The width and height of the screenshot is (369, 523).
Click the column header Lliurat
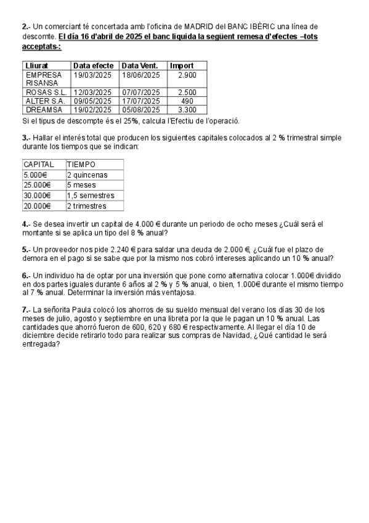pyautogui.click(x=37, y=65)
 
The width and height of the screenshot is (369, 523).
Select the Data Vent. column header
pyautogui.click(x=140, y=65)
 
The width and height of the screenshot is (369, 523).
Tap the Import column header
pyautogui.click(x=182, y=65)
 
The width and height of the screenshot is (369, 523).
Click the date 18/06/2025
pyautogui.click(x=140, y=75)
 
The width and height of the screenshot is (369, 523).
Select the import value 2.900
pyautogui.click(x=186, y=75)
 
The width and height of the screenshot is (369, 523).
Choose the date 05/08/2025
pyautogui.click(x=140, y=110)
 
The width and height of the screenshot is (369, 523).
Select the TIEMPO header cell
pyautogui.click(x=81, y=165)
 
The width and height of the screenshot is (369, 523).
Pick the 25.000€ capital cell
pyautogui.click(x=37, y=185)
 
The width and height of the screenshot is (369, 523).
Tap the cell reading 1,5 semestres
pyautogui.click(x=91, y=196)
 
